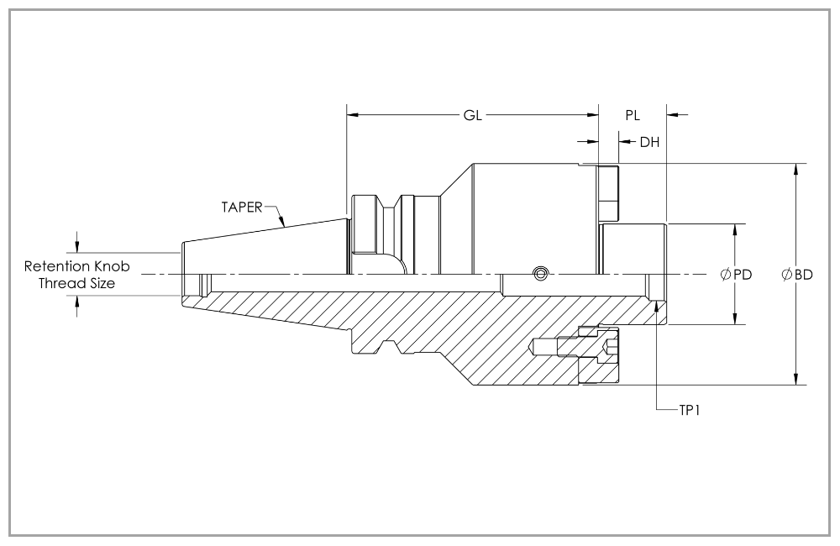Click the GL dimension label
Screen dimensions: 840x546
click(x=472, y=115)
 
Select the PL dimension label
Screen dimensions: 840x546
click(x=633, y=115)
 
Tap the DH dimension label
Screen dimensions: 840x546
click(x=650, y=142)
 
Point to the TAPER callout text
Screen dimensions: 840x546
click(x=242, y=207)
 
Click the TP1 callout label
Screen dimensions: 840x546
click(x=690, y=411)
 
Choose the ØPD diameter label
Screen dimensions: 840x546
click(x=737, y=275)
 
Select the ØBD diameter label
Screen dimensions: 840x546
click(x=797, y=275)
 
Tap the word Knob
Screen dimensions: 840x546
click(x=112, y=266)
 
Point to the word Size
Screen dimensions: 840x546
click(x=100, y=283)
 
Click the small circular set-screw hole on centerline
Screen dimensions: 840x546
click(x=540, y=274)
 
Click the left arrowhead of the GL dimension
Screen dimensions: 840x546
click(x=352, y=114)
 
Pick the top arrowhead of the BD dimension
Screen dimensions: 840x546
click(x=796, y=169)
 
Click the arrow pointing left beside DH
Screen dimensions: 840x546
click(x=624, y=141)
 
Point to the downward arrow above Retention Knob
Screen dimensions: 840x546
click(x=77, y=246)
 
